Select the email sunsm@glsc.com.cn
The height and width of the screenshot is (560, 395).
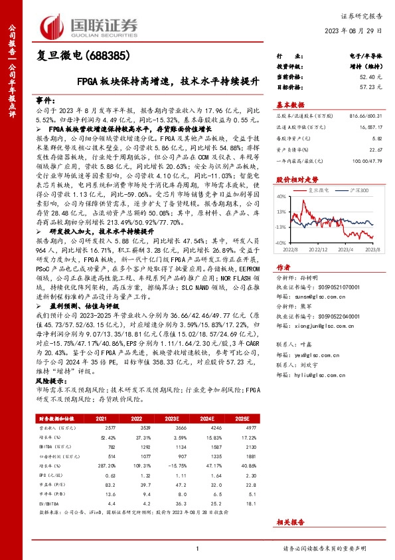tap(322, 299)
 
